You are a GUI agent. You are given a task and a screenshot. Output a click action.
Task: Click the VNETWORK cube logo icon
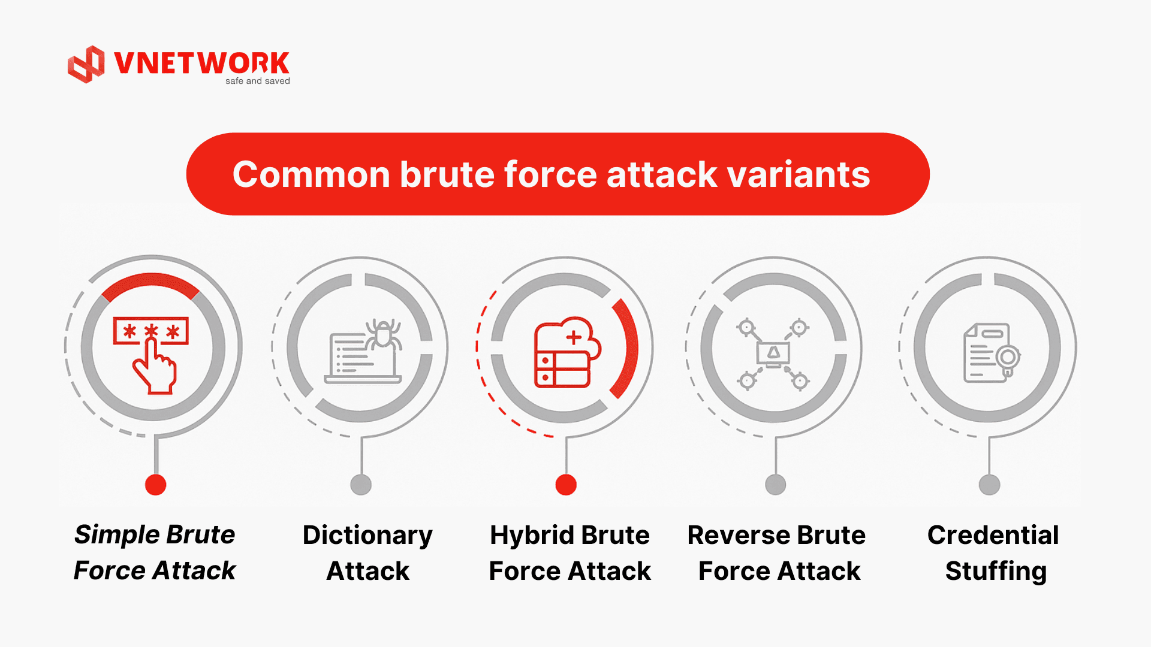point(86,64)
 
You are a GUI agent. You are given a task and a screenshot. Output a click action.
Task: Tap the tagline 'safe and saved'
point(257,81)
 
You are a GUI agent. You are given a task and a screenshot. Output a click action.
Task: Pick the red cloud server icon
point(566,353)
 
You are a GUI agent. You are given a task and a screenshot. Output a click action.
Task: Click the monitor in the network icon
point(773,353)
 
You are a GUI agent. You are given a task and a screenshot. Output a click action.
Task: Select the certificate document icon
point(990,353)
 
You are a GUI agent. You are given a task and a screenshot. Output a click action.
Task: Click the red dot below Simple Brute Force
point(156,485)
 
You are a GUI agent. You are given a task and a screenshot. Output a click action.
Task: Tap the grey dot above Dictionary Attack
point(361,485)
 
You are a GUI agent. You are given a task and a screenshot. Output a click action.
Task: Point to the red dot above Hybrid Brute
point(566,485)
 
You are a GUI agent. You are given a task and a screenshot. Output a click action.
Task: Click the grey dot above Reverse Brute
point(776,485)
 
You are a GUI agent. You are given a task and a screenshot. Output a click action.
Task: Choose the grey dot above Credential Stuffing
point(989,485)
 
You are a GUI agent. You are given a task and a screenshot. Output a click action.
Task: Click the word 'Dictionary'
point(367,536)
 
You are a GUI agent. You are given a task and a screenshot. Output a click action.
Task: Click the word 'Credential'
point(993,536)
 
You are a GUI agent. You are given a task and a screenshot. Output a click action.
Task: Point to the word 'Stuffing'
point(996,572)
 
